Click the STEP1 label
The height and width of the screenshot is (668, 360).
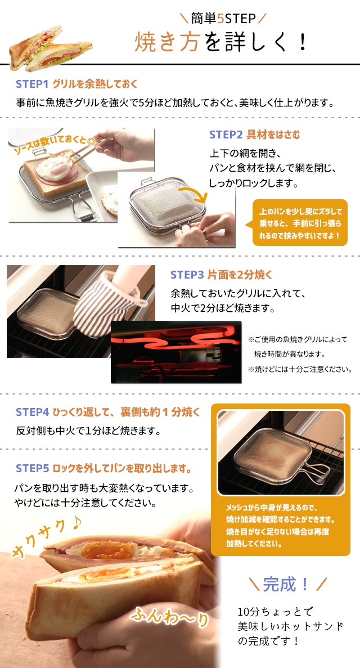click(33, 84)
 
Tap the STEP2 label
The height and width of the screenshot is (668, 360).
click(226, 135)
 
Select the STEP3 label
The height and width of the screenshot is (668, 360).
click(187, 275)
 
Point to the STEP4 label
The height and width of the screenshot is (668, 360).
click(33, 412)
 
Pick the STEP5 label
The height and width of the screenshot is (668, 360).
click(33, 469)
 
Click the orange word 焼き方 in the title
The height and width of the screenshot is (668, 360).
click(167, 43)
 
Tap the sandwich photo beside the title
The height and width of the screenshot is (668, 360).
click(50, 48)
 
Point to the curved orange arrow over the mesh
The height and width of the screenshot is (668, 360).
click(193, 194)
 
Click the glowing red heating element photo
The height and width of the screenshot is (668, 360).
click(176, 352)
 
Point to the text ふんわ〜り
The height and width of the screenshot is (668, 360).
click(169, 616)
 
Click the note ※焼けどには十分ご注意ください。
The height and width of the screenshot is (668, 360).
click(300, 369)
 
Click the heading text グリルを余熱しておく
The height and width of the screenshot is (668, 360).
click(95, 84)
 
